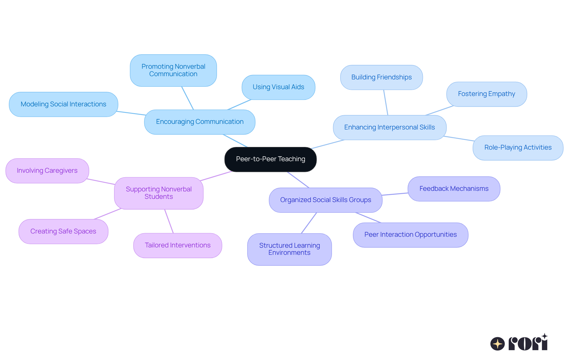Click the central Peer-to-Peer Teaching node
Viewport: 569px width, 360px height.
click(270, 159)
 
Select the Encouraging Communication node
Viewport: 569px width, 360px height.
click(199, 122)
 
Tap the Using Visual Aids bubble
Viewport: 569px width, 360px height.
click(278, 87)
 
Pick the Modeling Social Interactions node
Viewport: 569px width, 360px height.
click(63, 104)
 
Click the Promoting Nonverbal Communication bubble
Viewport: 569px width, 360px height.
click(173, 70)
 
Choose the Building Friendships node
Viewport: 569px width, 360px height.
click(381, 77)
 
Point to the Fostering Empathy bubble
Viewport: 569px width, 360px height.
click(486, 94)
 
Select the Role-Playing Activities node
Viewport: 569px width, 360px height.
click(518, 148)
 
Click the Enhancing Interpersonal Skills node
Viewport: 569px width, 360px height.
click(389, 127)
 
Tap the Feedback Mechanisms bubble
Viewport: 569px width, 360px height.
click(454, 189)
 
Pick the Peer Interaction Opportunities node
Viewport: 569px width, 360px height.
click(410, 235)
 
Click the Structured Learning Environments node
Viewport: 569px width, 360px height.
click(289, 249)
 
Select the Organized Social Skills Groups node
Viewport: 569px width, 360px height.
click(325, 200)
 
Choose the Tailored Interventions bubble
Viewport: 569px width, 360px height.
click(178, 245)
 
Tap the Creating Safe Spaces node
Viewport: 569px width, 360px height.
click(63, 231)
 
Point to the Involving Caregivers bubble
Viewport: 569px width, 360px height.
click(47, 171)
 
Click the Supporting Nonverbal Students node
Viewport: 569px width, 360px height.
click(159, 193)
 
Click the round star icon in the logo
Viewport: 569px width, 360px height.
click(497, 344)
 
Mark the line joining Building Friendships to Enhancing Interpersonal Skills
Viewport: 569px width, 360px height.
click(386, 103)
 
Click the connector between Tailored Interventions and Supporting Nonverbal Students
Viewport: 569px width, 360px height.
click(169, 221)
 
